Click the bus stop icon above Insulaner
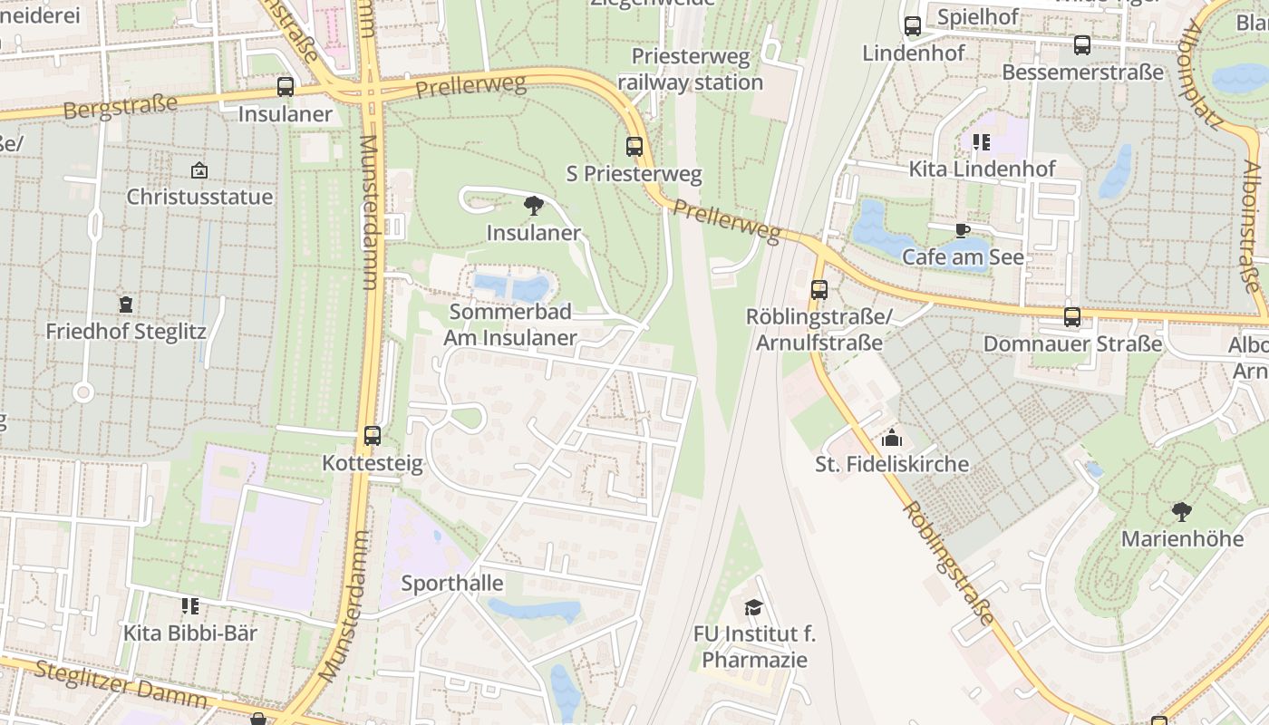[286, 87]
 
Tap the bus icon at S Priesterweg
[634, 146]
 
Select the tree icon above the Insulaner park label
[533, 206]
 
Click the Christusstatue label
[199, 197]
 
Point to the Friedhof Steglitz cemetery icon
[126, 304]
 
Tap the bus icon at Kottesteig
[372, 436]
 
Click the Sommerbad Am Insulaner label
[511, 325]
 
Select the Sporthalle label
[452, 583]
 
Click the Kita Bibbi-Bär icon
[190, 605]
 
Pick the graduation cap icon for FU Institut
[754, 607]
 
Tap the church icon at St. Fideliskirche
[892, 438]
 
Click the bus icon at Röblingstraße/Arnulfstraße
[819, 290]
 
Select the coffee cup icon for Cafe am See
[963, 230]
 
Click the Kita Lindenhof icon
[982, 142]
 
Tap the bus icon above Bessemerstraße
[1082, 45]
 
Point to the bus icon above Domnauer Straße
[1072, 317]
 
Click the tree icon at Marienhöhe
[1182, 512]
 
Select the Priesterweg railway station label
[691, 70]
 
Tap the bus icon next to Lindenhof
[913, 26]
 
